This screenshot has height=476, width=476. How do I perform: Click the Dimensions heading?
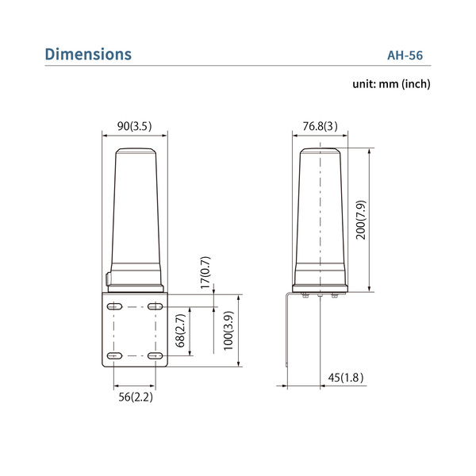tap(88, 55)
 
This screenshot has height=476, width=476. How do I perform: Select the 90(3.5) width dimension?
tap(134, 125)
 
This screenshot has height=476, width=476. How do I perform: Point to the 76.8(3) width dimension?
tap(321, 125)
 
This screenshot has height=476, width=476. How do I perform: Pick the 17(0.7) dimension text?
tap(205, 272)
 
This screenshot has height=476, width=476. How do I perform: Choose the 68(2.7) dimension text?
tap(180, 331)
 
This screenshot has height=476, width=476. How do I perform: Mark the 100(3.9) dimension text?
tap(228, 331)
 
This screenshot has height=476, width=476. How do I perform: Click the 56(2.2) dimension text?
tap(135, 397)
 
